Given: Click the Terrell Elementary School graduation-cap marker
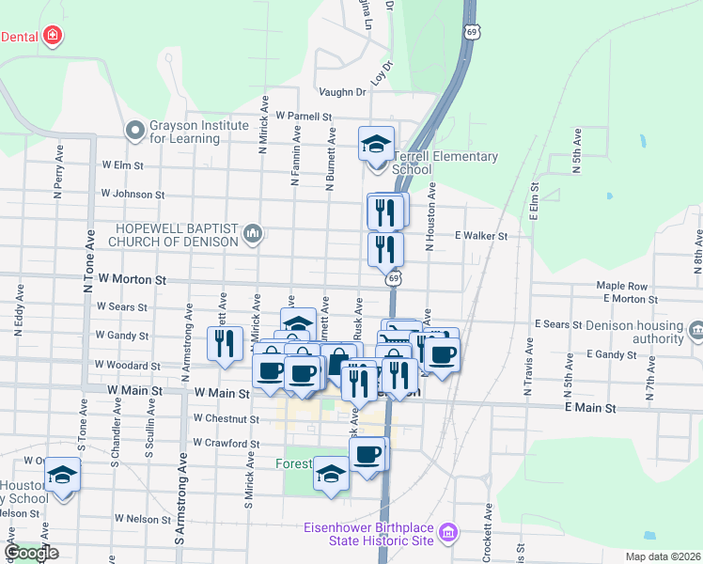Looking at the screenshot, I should click(x=377, y=145).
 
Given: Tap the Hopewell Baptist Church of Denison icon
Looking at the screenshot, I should click(x=252, y=233).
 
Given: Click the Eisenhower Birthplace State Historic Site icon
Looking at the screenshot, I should click(x=449, y=533).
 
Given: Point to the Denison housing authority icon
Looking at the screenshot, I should click(x=695, y=331).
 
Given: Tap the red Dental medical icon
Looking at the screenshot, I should click(x=53, y=37).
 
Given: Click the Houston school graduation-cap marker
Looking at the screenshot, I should click(x=63, y=476).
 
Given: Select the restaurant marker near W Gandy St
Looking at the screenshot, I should click(x=224, y=343).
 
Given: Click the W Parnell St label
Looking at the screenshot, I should click(x=305, y=117).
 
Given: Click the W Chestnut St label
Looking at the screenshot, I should click(x=226, y=418).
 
